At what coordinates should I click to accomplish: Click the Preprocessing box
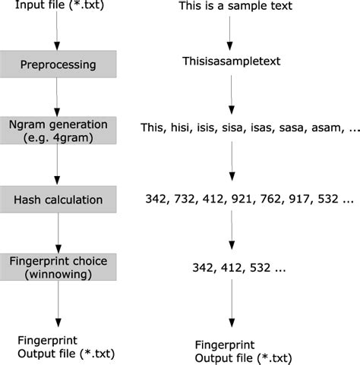click(58, 65)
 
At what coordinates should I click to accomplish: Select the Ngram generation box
click(58, 131)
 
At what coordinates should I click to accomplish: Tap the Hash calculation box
click(58, 200)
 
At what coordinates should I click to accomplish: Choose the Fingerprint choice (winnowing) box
click(58, 267)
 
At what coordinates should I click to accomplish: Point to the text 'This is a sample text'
click(235, 8)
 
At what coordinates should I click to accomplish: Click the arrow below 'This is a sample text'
click(229, 36)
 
